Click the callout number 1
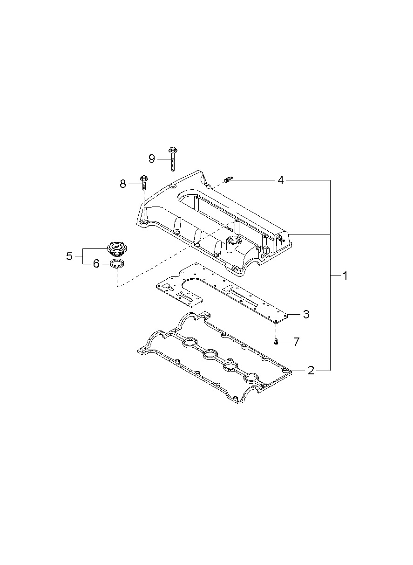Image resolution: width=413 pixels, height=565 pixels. (x=345, y=276)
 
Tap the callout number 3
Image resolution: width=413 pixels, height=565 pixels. (x=306, y=314)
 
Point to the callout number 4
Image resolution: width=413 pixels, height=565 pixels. (x=280, y=180)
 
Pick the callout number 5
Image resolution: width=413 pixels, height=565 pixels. (x=69, y=256)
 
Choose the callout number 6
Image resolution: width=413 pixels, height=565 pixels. (x=96, y=264)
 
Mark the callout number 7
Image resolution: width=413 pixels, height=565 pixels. (x=296, y=342)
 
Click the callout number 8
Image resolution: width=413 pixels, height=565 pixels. (x=123, y=184)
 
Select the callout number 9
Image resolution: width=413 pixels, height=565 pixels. (x=151, y=159)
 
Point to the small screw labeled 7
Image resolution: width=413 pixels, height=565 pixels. (x=276, y=342)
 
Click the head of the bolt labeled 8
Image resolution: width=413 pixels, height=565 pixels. (x=143, y=178)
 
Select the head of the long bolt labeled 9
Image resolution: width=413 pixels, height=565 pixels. (x=173, y=149)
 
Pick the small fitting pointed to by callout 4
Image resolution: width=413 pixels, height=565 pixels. (x=228, y=179)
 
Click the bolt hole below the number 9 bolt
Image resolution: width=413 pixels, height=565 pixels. (x=173, y=186)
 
